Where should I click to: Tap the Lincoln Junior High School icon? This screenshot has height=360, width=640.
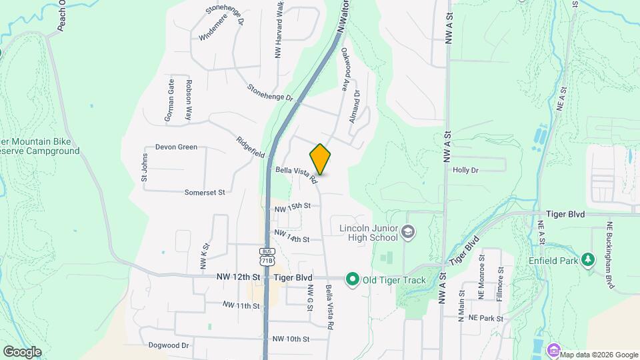(408, 232)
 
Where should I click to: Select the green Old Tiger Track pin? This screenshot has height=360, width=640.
(352, 279)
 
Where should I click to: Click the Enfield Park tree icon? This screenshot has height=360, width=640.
(587, 259)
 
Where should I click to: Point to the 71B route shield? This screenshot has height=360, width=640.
(267, 257)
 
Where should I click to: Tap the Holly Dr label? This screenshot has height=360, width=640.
(466, 170)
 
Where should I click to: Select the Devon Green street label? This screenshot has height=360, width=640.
(176, 147)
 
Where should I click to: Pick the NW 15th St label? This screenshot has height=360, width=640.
(293, 207)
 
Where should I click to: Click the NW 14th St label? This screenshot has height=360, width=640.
(293, 237)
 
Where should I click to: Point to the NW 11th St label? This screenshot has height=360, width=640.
(241, 305)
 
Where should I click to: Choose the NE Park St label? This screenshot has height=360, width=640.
(485, 319)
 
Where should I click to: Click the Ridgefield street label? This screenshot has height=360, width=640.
(251, 151)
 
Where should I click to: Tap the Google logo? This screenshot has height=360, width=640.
(22, 352)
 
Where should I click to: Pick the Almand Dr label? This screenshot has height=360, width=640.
(355, 107)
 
